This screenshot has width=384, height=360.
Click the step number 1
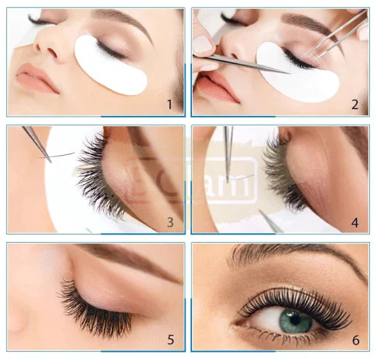(x=170, y=104)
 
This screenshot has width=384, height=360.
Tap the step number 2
(x=354, y=104)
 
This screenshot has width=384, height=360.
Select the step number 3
(x=170, y=222)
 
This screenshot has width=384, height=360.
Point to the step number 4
(x=354, y=222)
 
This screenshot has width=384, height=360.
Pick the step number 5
(x=170, y=340)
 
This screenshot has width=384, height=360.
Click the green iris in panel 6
(x=296, y=320)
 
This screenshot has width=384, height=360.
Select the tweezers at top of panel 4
(x=228, y=144)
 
